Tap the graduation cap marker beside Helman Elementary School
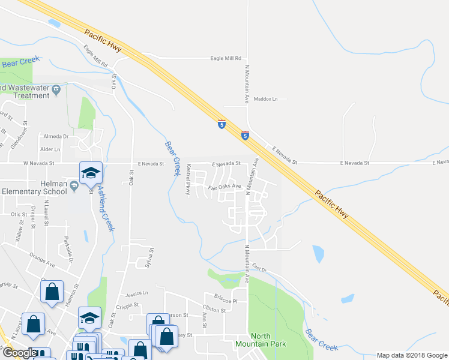coord(91,173)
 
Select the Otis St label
coord(19,214)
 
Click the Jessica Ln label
coord(136,294)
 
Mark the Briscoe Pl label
coord(226,296)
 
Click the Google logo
coord(19,353)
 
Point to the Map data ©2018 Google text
coord(411,355)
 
